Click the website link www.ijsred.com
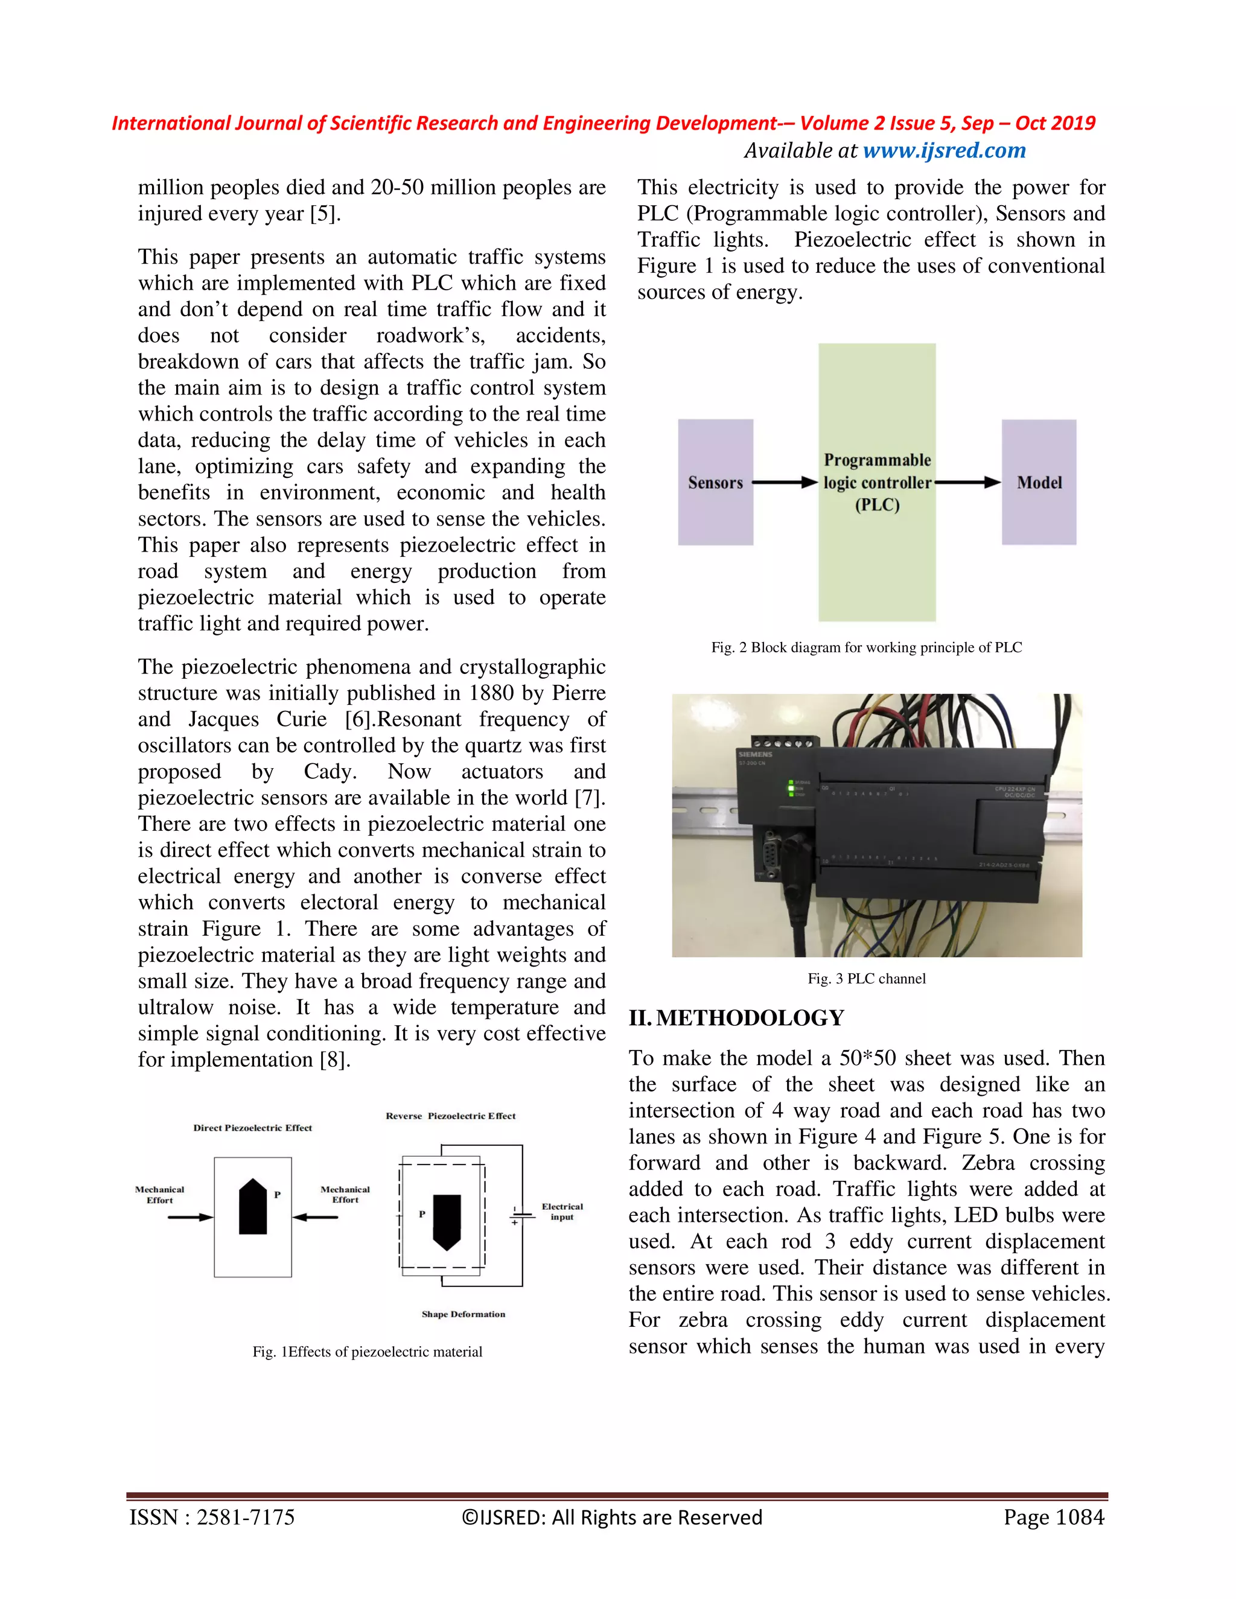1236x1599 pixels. pos(944,151)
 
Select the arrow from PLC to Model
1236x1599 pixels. pos(967,483)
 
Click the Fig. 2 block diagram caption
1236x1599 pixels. pos(866,647)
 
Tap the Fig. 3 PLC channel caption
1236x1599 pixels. pos(866,979)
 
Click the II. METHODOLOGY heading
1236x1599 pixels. pos(737,1019)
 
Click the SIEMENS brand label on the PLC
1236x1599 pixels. pos(755,754)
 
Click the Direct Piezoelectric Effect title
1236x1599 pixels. pos(253,1128)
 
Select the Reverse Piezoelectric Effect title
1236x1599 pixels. pos(450,1116)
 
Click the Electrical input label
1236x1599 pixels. pos(562,1211)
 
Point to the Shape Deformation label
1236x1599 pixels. pos(463,1314)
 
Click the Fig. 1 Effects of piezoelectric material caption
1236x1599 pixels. pos(367,1352)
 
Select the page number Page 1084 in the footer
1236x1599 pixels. pos(1053,1518)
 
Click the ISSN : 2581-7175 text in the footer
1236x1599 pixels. pos(212,1518)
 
